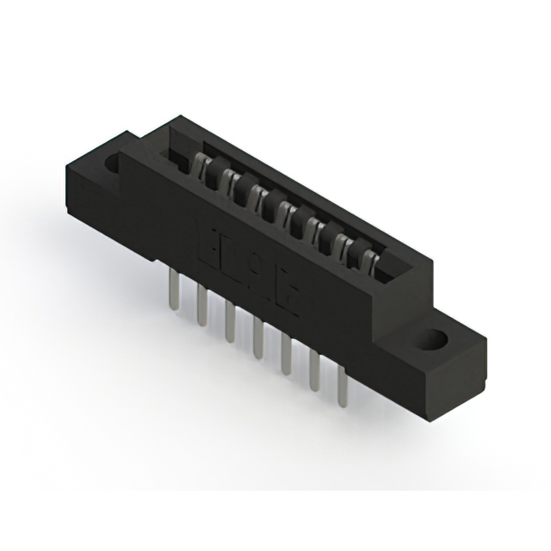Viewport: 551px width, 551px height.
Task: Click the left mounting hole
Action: (113, 163)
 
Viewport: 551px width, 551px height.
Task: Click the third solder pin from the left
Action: (230, 322)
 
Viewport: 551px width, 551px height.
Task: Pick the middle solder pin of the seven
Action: (258, 336)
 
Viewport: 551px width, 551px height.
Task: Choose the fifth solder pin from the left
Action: (287, 353)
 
